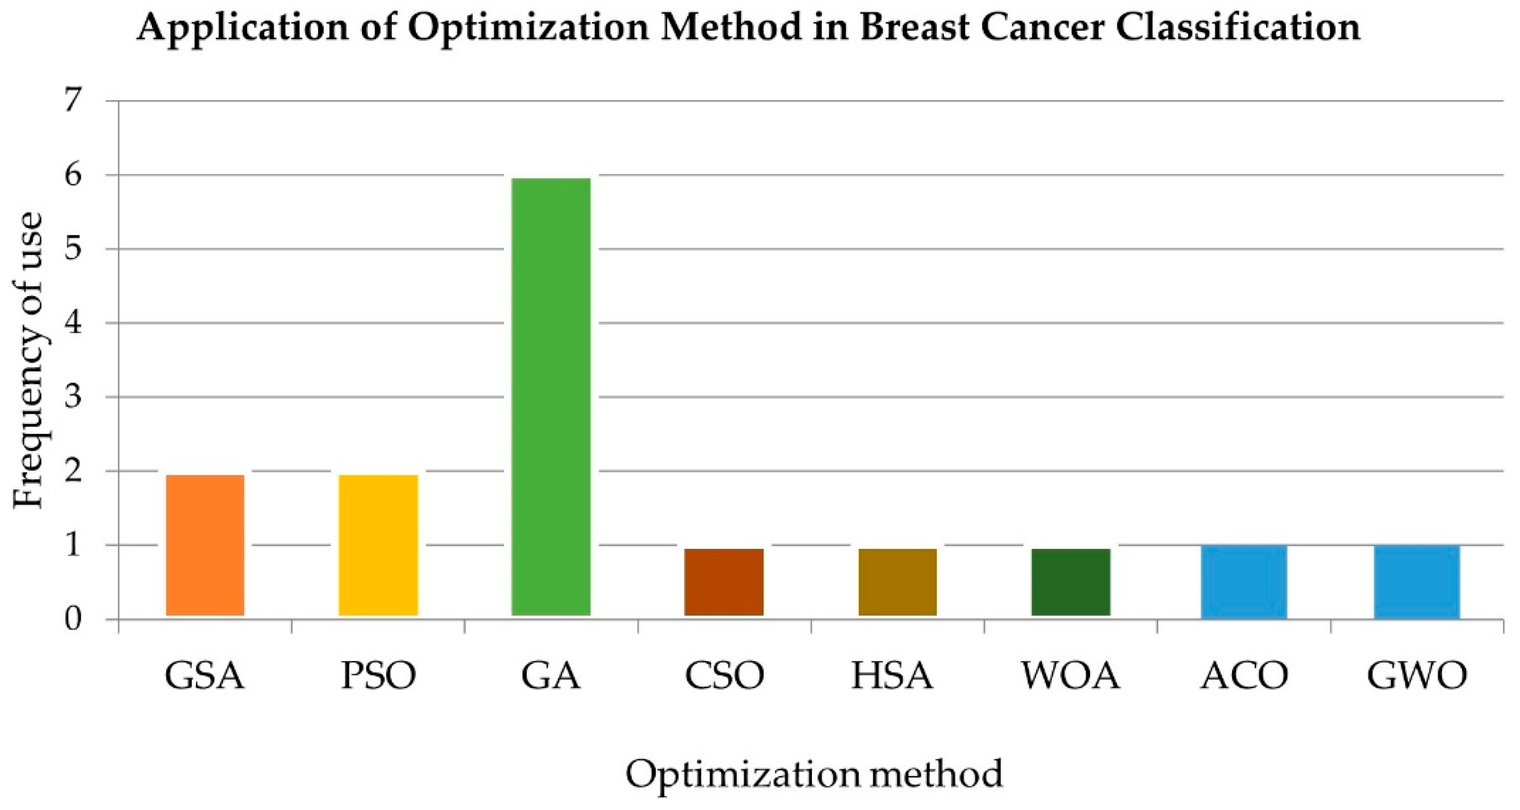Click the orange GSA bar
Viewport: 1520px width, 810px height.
pos(205,545)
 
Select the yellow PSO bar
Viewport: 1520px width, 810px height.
pos(378,545)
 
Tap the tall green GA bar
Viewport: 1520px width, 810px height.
pos(551,396)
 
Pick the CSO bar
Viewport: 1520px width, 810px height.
pos(724,582)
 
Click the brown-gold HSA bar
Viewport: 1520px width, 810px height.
pos(898,582)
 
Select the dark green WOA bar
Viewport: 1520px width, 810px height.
pos(1071,582)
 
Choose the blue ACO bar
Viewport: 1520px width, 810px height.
pos(1244,581)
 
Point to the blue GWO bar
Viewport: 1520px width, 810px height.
pos(1417,581)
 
